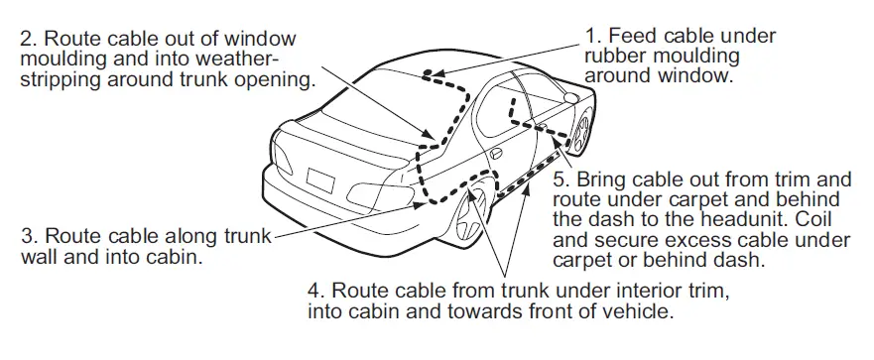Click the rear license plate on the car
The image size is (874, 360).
tap(321, 182)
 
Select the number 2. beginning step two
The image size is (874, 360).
tap(28, 39)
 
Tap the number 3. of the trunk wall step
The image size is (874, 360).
tap(28, 238)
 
